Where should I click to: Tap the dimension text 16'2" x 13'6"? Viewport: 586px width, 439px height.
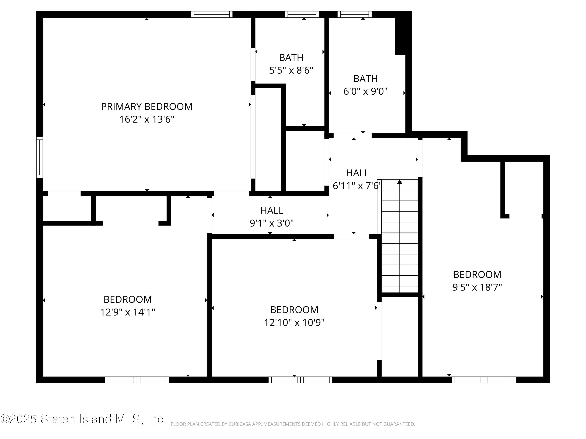(146, 119)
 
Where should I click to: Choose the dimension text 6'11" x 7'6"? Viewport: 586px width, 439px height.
(357, 186)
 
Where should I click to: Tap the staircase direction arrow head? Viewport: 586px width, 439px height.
(399, 182)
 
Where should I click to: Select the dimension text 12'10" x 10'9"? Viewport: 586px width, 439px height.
(294, 323)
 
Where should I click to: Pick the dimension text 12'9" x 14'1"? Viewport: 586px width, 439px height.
(127, 312)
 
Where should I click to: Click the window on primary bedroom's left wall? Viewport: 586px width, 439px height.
(39, 157)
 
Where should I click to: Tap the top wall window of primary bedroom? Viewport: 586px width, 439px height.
(212, 14)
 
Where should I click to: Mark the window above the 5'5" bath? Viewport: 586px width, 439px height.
(302, 14)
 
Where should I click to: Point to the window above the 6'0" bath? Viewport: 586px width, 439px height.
(355, 14)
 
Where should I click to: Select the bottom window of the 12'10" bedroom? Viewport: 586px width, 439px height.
(300, 380)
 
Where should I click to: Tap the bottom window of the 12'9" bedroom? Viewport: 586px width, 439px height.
(137, 380)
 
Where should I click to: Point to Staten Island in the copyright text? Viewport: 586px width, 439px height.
(76, 419)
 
